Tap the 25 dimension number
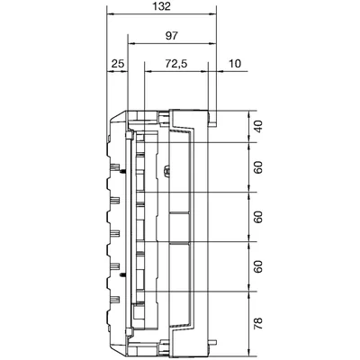117,66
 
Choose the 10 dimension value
236,66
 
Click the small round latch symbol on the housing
166,168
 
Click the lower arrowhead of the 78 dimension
248,353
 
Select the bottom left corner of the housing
112,346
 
